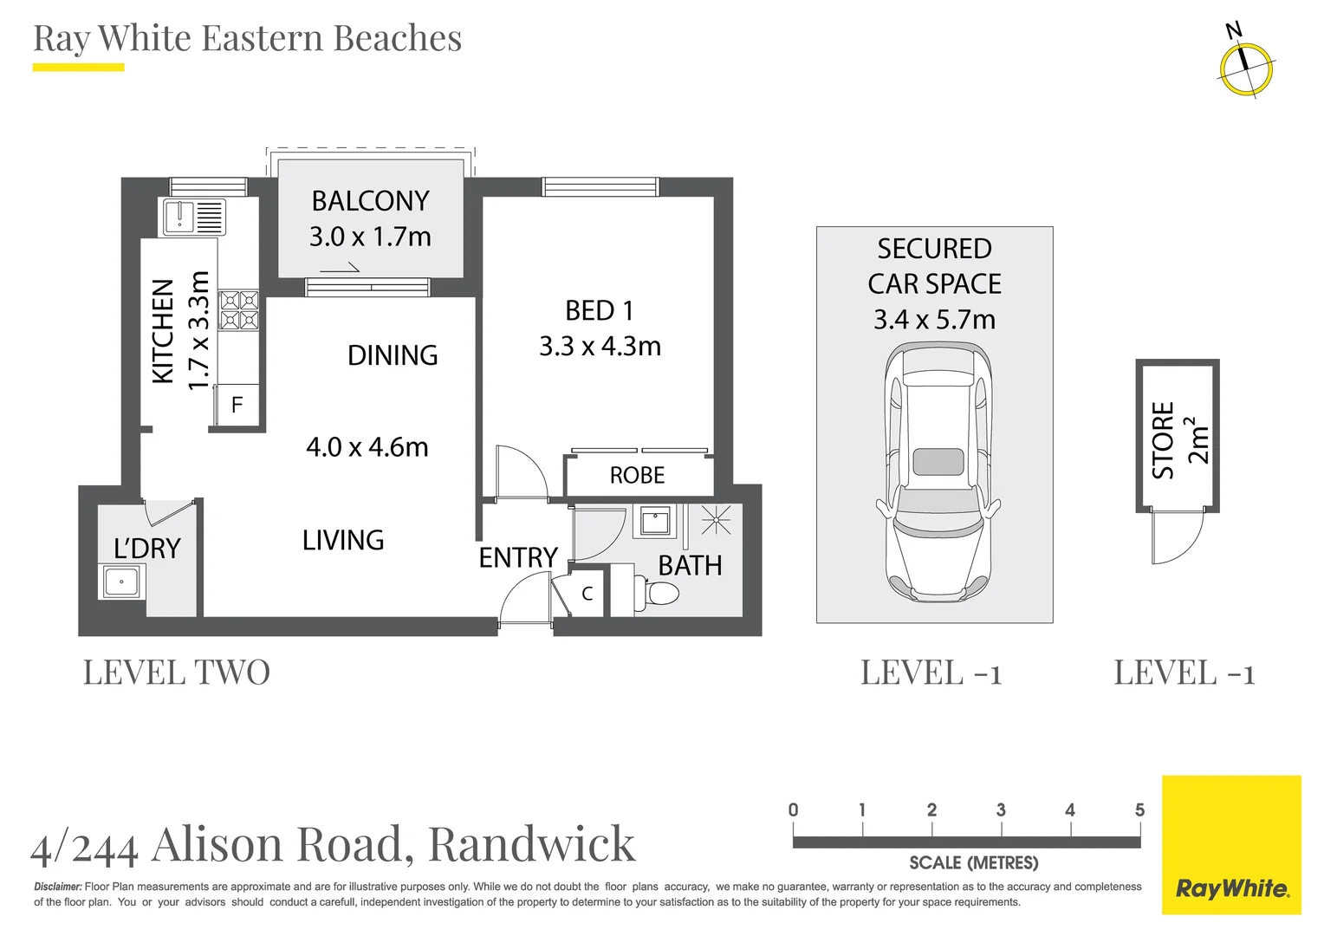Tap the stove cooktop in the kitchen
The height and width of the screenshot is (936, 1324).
coord(239,310)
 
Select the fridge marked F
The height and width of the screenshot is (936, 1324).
coord(237,405)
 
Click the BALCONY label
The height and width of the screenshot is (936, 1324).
coord(370,201)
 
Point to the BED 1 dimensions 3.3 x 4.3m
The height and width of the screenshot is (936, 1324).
coord(600,347)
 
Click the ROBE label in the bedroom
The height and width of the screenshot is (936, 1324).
coord(637,476)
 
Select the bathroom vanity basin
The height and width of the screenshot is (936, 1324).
coord(655,522)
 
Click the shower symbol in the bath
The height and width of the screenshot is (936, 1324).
coord(716,520)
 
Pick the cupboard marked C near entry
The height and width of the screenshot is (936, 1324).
coord(587,594)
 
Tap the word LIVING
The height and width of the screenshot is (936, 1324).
coord(343,541)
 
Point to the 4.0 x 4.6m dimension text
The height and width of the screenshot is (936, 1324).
coord(367,447)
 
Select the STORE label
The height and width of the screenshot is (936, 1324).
coord(1163,440)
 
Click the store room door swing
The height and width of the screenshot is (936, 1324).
coord(1177,537)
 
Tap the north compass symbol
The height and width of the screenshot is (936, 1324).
coord(1245,68)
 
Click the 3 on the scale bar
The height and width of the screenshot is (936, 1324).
coord(1001,810)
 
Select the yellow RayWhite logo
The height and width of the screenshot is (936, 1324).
coord(1231,845)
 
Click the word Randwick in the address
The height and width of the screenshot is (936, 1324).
coord(531,844)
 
